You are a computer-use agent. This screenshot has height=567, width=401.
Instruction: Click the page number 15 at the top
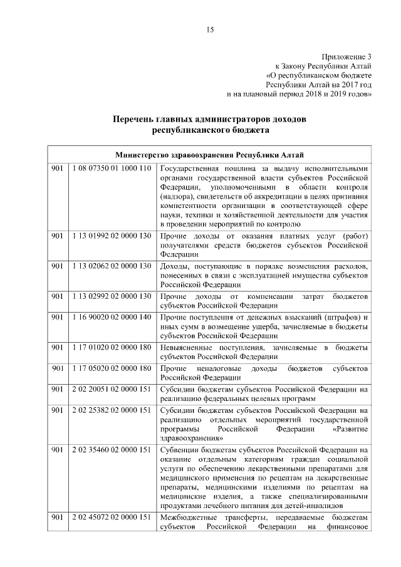210,29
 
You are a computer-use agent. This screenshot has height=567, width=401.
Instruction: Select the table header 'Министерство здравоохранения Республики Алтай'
210,155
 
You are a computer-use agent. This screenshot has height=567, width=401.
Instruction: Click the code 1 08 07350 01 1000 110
112,169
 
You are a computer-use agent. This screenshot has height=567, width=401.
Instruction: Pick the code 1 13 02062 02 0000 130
112,266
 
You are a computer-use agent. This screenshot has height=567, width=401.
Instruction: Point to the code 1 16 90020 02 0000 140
112,317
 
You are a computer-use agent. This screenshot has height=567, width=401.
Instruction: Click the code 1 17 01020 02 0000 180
112,347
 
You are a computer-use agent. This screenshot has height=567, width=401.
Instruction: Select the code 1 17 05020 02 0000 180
112,368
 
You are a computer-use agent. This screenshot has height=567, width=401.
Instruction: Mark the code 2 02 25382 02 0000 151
112,410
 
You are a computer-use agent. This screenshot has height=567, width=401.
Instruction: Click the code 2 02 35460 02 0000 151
112,449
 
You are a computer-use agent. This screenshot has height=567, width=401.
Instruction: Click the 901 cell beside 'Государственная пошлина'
58,169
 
